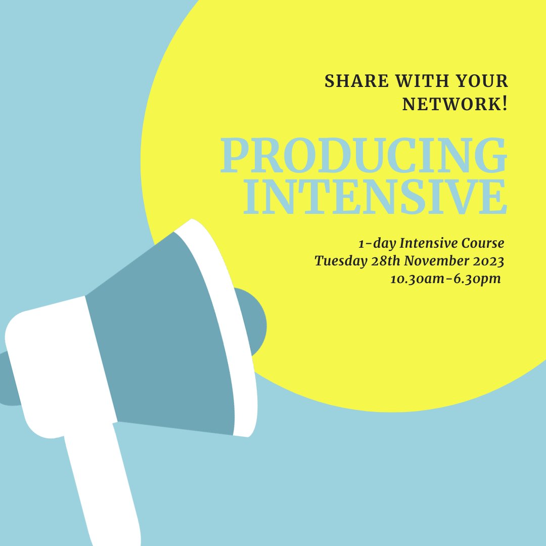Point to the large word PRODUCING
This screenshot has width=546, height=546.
[363, 157]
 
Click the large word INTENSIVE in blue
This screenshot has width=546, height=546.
[375, 197]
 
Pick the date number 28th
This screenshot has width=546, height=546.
[380, 261]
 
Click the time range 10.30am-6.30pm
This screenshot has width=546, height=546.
[445, 279]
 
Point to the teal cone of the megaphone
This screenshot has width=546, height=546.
[162, 344]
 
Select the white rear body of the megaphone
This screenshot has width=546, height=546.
[56, 364]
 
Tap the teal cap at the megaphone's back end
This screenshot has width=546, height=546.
[8, 379]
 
